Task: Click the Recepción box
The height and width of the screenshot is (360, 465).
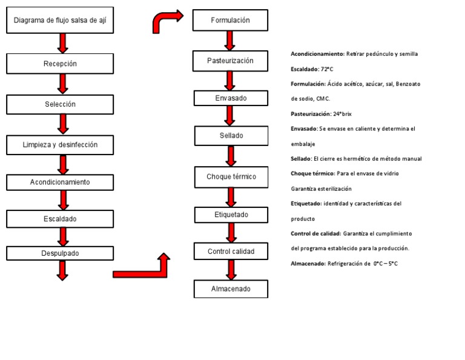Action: [60, 64]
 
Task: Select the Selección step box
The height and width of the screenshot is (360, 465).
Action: [60, 104]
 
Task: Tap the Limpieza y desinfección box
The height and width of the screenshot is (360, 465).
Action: [60, 145]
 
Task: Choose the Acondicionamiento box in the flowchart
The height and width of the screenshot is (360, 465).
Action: [60, 182]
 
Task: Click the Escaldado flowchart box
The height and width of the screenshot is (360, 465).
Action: [60, 219]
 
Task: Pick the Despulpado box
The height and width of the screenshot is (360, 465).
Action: [60, 253]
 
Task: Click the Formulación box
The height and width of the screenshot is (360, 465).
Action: [230, 21]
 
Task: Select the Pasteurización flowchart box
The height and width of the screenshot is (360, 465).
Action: [230, 61]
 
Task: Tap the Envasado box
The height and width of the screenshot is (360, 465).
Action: [231, 98]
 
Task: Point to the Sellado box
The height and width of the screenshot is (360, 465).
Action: [231, 136]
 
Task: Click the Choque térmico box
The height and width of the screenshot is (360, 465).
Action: [231, 177]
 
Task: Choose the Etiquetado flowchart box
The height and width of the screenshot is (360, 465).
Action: [231, 215]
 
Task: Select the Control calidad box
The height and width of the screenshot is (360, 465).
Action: [231, 252]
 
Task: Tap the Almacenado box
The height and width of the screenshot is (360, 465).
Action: [231, 289]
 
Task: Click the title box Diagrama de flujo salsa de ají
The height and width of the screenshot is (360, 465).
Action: [60, 23]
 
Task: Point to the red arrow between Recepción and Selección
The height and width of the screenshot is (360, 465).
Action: [63, 84]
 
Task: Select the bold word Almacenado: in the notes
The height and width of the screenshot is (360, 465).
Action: [308, 264]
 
